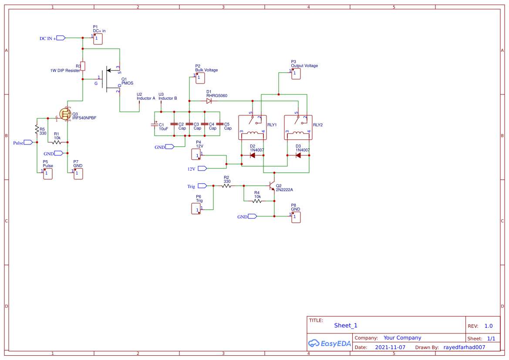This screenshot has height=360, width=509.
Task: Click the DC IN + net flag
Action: (61, 38)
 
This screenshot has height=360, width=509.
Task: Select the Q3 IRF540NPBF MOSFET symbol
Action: (65, 114)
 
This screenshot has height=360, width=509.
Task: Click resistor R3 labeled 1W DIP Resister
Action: (82, 66)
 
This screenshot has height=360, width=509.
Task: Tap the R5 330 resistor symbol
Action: (37, 130)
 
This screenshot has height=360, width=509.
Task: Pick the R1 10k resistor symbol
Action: (57, 142)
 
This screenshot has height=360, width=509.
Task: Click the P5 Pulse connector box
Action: (48, 174)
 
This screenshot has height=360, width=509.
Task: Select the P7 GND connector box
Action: (78, 174)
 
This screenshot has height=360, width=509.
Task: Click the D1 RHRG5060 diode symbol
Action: (209, 101)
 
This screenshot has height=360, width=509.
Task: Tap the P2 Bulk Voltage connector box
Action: (200, 78)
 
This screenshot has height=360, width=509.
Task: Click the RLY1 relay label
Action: (272, 124)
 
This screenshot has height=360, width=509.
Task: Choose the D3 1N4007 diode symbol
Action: (298, 155)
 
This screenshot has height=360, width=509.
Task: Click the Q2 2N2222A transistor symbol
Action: (272, 186)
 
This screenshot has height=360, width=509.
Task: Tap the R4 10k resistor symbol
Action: (257, 201)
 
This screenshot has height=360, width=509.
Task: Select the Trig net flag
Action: (202, 186)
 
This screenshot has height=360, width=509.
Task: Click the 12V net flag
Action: (202, 168)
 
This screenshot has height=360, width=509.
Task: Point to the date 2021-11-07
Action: (390, 347)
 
